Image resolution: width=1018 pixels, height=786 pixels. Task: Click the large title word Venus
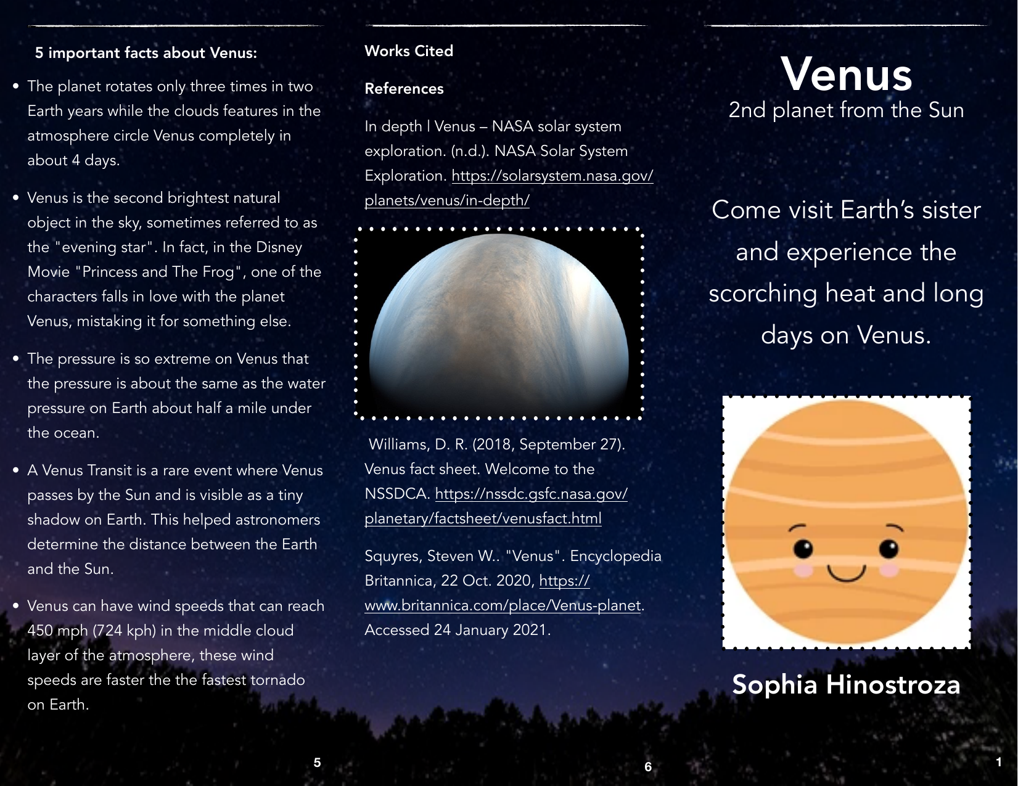[846, 75]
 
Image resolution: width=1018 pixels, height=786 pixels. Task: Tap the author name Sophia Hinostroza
[846, 685]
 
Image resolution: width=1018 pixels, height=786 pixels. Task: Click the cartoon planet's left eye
[803, 547]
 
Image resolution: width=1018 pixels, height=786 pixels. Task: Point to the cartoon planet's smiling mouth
[847, 574]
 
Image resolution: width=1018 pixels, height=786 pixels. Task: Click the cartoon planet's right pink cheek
[889, 569]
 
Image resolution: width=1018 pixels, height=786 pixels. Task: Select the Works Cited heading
[408, 51]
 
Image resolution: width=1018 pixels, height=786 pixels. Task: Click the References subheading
[404, 89]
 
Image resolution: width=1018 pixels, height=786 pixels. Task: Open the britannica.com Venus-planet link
[503, 605]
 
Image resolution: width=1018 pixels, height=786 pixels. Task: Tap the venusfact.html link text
[483, 518]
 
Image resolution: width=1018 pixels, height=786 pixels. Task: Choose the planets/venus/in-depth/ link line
[447, 200]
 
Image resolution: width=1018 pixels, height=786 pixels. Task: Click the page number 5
[317, 763]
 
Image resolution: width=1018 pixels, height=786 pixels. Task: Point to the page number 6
[648, 766]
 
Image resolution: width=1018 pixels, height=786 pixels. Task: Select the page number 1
[999, 762]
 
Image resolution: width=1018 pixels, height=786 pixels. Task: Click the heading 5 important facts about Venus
[146, 53]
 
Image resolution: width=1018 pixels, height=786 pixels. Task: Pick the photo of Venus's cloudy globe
[499, 324]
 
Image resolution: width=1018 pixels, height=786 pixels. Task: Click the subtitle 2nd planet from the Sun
[846, 110]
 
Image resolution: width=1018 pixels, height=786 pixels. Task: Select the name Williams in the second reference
[398, 444]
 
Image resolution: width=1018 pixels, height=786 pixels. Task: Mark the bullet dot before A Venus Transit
[16, 470]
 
